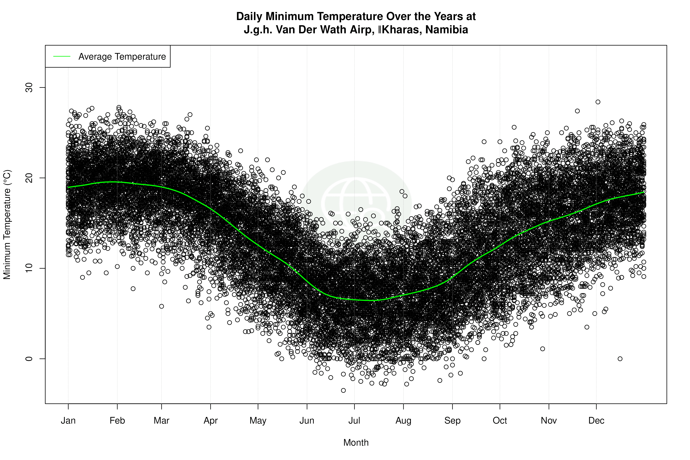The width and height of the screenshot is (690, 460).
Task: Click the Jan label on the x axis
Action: point(68,421)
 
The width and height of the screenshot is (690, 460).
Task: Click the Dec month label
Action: point(596,421)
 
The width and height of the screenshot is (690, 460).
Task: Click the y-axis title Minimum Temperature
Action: point(7,224)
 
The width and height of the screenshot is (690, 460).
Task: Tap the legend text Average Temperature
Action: point(122,57)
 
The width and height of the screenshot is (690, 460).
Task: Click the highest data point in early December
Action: point(598,102)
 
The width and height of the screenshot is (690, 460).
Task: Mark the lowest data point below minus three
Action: point(343,390)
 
